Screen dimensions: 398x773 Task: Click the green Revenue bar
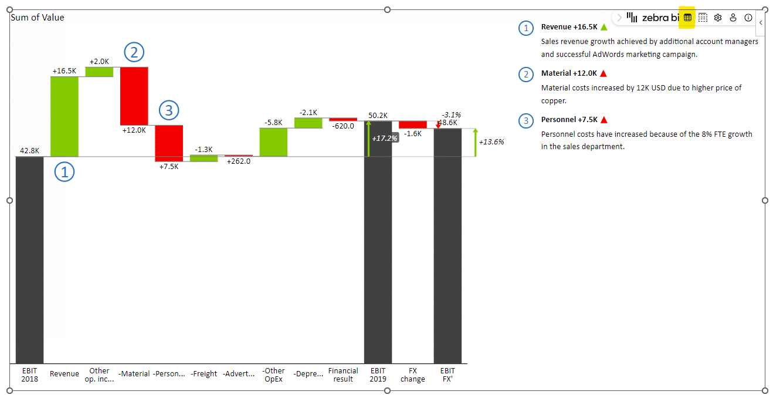click(64, 116)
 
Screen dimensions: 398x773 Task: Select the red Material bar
click(134, 96)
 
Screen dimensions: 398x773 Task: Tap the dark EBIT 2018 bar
click(29, 259)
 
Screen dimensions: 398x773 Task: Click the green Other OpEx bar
click(273, 142)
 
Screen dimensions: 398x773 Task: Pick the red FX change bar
click(413, 124)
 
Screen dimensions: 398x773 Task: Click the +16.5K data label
click(64, 71)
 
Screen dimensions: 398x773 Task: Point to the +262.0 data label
click(239, 161)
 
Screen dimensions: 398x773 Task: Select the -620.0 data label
click(343, 126)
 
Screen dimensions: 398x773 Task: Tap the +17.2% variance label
click(385, 138)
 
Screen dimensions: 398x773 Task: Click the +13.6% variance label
click(491, 142)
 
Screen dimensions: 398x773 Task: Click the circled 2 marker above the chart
click(134, 53)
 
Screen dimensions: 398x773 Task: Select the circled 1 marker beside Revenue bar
click(65, 171)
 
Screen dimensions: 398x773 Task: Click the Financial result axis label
click(343, 375)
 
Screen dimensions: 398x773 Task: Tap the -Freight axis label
click(204, 374)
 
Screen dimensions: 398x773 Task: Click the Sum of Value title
click(38, 18)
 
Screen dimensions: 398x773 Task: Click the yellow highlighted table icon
click(687, 18)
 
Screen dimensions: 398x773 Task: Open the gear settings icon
click(718, 18)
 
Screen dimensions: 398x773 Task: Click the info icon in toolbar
click(748, 18)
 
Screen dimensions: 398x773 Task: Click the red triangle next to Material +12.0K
click(603, 73)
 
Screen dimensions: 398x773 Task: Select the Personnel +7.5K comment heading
click(567, 120)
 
